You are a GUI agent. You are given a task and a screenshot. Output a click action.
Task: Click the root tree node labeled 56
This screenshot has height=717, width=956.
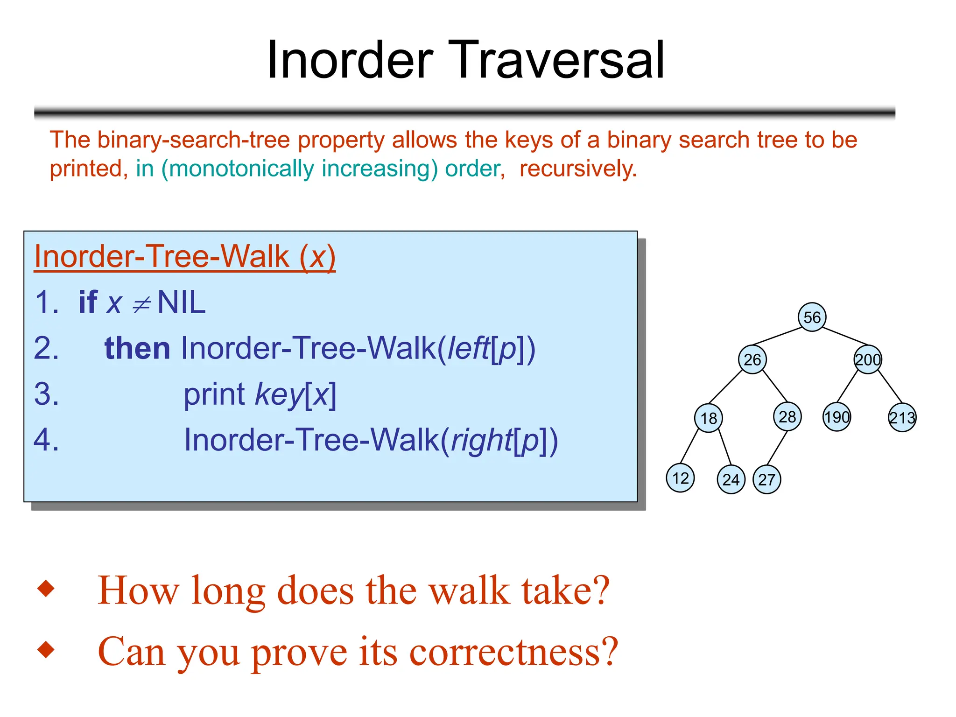pos(812,317)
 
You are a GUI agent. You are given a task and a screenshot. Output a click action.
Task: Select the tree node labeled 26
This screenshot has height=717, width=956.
pos(752,359)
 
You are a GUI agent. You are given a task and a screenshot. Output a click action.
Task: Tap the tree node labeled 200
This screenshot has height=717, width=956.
pos(868,359)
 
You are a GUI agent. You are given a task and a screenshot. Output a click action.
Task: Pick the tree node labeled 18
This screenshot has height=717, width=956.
pos(709,418)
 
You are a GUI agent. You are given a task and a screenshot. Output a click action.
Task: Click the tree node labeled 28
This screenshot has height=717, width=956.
pos(787,416)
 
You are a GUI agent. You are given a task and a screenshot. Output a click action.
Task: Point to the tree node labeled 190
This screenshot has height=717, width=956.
pos(836,417)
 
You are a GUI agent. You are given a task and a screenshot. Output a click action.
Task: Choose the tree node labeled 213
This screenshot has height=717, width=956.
pos(902,417)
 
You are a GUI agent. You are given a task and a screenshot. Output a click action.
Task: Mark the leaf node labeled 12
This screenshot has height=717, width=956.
pos(680,478)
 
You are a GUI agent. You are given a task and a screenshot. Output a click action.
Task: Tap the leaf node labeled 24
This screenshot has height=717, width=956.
pos(731,479)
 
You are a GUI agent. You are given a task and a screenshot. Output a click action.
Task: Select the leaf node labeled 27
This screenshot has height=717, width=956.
pos(766,479)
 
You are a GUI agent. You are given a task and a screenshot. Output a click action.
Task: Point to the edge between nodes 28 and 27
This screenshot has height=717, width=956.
pos(777,448)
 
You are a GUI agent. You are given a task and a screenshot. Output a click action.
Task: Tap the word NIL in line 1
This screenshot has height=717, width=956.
pos(182,302)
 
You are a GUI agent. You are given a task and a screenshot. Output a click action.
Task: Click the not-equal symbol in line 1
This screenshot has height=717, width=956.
pos(141,305)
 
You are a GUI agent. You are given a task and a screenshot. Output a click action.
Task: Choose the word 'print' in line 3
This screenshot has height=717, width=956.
pos(214,394)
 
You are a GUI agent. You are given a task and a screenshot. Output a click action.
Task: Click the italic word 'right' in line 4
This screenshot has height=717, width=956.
pos(481,440)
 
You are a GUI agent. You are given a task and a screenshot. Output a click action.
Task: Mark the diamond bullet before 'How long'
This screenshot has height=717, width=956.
pos(46,588)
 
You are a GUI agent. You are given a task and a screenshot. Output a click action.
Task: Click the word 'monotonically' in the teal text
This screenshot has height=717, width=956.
pos(241,169)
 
